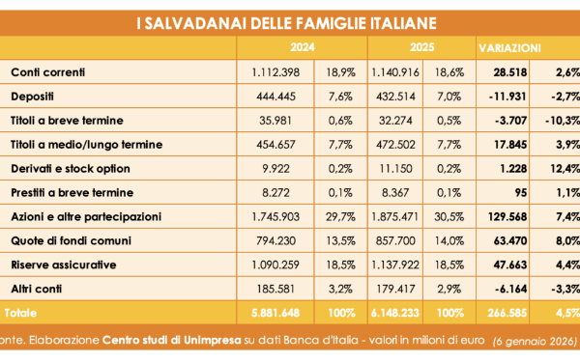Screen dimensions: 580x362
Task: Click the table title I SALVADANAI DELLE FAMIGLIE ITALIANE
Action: click(x=287, y=23)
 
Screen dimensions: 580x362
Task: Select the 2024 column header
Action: click(x=303, y=47)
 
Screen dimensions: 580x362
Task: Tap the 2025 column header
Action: click(x=421, y=47)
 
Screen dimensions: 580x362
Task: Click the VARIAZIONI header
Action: click(x=509, y=48)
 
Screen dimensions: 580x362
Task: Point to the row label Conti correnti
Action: click(x=48, y=72)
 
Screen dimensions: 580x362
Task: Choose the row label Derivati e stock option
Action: click(x=71, y=168)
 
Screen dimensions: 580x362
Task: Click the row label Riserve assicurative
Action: click(x=64, y=265)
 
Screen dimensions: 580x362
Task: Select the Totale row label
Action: click(x=20, y=313)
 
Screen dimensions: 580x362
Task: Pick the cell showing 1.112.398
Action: click(x=275, y=72)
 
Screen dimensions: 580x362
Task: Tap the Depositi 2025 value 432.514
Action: click(x=395, y=97)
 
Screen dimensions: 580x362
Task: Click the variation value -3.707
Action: click(x=510, y=121)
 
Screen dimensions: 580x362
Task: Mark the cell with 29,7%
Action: click(x=340, y=217)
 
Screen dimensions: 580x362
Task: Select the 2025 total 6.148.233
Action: click(x=395, y=313)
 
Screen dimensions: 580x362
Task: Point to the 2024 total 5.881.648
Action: click(x=275, y=313)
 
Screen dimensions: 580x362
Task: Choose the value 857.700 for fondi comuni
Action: click(x=395, y=240)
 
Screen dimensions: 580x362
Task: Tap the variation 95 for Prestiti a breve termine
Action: click(x=520, y=193)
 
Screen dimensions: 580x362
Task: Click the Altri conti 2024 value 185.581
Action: click(x=275, y=289)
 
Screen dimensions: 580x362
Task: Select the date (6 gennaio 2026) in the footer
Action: click(x=535, y=341)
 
